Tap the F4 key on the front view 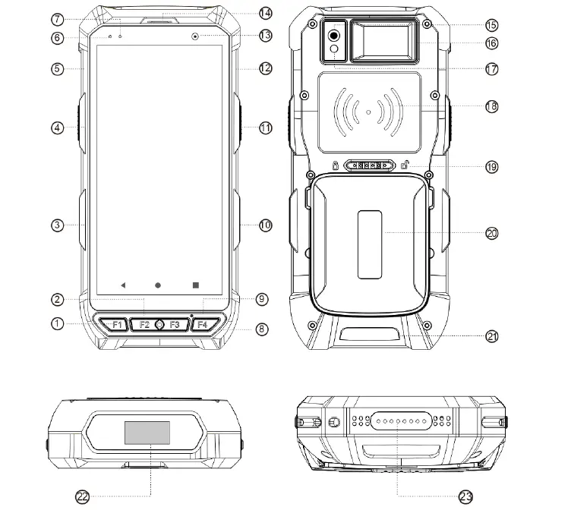coord(201,325)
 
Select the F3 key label coord(175,325)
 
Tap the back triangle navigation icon coord(122,285)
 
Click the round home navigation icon coord(158,285)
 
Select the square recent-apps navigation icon coord(195,285)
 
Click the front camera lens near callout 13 coord(195,36)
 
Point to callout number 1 coord(57,323)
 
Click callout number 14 coord(265,13)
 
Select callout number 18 coord(491,106)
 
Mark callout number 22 coord(83,496)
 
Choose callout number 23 coord(466,496)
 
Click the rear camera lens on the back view coord(333,35)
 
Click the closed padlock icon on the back coord(335,165)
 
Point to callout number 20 coord(491,234)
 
